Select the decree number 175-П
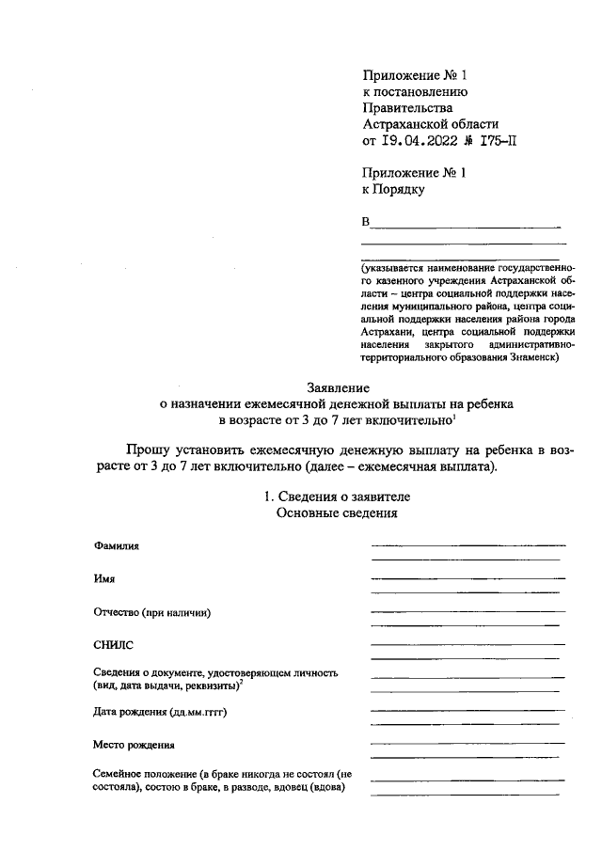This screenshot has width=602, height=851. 493,142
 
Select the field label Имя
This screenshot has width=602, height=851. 103,579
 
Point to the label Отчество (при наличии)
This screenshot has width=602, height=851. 151,613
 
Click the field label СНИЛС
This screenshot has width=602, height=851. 114,646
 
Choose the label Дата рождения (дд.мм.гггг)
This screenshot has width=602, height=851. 161,713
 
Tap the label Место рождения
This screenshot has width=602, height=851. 135,746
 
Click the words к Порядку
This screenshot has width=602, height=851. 394,190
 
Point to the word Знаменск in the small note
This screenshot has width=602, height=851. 532,356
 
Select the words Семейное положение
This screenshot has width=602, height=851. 140,773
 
